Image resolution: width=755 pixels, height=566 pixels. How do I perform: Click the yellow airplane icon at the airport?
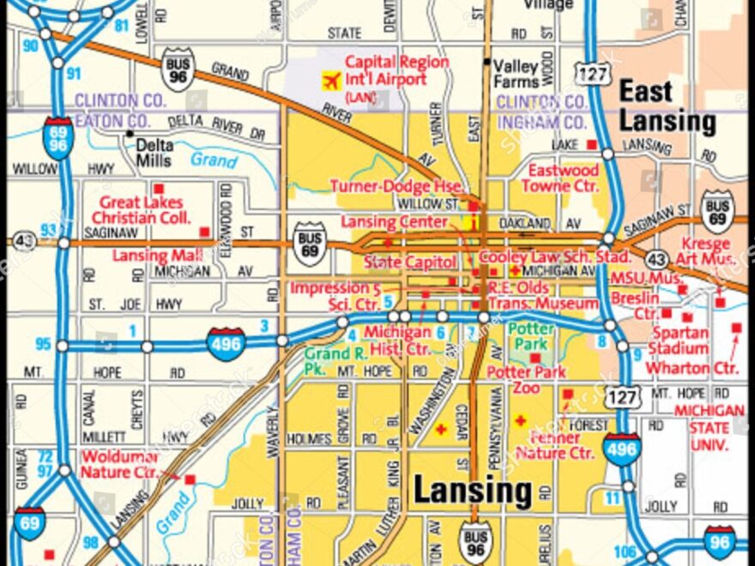click(330, 81)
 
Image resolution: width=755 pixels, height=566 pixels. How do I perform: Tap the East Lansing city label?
click(667, 106)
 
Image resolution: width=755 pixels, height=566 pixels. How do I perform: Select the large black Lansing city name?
click(473, 492)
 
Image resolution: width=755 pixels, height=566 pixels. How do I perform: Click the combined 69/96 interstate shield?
click(58, 138)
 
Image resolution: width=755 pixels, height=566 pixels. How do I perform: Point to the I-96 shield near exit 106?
click(719, 542)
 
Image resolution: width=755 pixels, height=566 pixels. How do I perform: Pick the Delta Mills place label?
click(154, 153)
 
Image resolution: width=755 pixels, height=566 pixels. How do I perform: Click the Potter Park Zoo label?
click(526, 380)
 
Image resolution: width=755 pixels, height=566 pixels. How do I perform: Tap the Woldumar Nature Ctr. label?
click(119, 464)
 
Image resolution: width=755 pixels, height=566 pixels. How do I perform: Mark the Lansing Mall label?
click(157, 256)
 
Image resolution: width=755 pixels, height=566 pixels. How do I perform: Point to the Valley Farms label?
click(516, 74)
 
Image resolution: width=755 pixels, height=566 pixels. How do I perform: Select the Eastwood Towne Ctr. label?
click(563, 178)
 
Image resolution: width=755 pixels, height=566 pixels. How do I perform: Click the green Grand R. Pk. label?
click(326, 361)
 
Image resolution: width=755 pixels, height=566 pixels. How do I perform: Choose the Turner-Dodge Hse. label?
click(398, 186)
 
